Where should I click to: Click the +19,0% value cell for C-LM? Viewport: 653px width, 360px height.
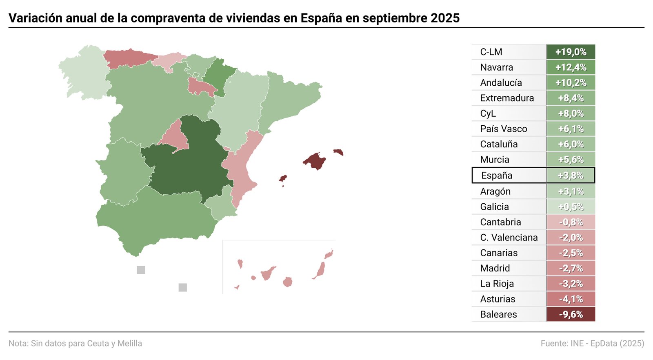[571, 52]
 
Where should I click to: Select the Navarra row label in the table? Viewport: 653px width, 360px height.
[496, 67]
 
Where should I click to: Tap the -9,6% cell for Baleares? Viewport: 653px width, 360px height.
[571, 314]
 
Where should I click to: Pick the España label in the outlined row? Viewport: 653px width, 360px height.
[496, 176]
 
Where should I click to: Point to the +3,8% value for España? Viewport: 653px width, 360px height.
[571, 176]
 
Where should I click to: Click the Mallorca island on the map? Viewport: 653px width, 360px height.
[315, 161]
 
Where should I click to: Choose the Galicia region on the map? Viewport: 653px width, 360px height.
[84, 71]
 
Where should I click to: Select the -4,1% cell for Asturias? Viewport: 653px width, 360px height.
[571, 299]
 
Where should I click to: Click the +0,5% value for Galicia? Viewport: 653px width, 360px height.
[571, 207]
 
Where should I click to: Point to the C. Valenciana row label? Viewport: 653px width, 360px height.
[509, 238]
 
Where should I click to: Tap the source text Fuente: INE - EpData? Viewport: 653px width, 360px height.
[592, 343]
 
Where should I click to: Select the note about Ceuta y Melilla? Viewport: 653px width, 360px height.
[76, 343]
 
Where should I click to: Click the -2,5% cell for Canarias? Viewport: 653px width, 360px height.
[571, 253]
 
